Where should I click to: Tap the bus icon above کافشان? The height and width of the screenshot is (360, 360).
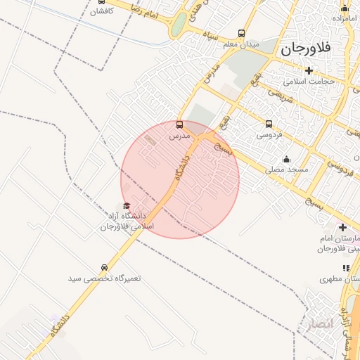(x=102, y=1)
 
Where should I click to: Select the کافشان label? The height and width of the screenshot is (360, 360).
(x=102, y=12)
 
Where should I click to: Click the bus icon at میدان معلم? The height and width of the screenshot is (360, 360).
(x=242, y=33)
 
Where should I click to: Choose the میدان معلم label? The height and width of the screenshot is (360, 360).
(x=242, y=44)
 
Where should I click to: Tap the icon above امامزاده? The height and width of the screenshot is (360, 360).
(x=345, y=8)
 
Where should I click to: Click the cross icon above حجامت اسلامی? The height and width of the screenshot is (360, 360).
(x=308, y=70)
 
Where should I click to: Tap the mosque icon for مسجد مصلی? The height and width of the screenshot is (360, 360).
(x=286, y=159)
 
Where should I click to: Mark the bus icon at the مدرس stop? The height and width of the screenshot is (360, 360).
(x=179, y=124)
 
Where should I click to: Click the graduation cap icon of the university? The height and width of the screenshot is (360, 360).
(x=127, y=206)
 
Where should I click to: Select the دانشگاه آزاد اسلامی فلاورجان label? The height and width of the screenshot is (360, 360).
(x=127, y=221)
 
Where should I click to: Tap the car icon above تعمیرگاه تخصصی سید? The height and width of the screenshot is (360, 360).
(x=105, y=267)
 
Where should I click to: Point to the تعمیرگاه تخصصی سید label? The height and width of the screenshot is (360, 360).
(x=105, y=278)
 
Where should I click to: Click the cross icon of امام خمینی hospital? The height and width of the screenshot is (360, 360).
(x=342, y=227)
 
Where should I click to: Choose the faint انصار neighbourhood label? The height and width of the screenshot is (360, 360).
(x=315, y=325)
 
